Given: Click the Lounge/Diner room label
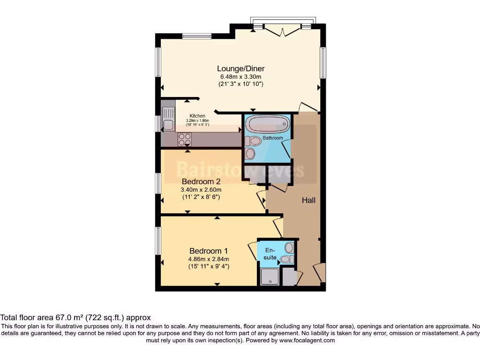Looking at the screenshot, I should [240, 69].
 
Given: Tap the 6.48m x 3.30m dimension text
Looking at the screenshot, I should [240, 77].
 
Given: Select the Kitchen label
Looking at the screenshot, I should [197, 116].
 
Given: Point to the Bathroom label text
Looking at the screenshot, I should [272, 138].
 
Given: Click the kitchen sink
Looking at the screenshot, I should [167, 118].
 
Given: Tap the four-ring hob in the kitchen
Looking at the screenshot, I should [184, 139].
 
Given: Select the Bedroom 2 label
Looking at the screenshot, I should [201, 181].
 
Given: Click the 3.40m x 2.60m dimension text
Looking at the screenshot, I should [201, 190].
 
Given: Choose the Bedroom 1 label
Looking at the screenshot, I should [209, 251].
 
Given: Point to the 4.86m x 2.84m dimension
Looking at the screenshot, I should [209, 259].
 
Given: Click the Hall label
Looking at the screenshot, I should [308, 200].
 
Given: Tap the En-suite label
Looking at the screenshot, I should [270, 254].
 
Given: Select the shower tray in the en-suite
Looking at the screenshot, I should [270, 277].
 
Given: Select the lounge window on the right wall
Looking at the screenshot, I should [323, 63].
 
